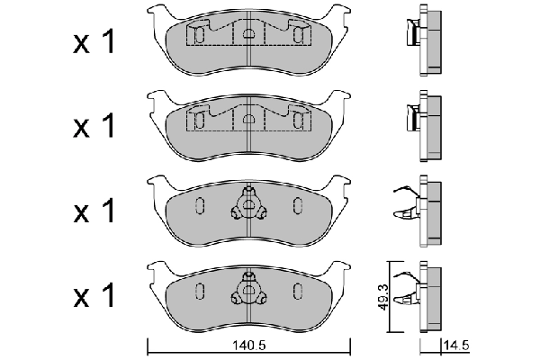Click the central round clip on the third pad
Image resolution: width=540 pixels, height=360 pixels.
pyautogui.click(x=247, y=206)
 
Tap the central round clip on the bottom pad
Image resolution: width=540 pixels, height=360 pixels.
pyautogui.click(x=247, y=292)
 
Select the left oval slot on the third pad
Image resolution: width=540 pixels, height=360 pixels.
pyautogui.click(x=200, y=205)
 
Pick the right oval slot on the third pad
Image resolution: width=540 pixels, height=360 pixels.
pyautogui.click(x=296, y=205)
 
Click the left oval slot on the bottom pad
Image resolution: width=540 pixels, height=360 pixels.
pyautogui.click(x=200, y=291)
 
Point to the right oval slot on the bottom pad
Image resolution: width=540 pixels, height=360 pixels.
pyautogui.click(x=296, y=291)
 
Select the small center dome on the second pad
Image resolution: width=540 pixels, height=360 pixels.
pyautogui.click(x=247, y=117)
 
